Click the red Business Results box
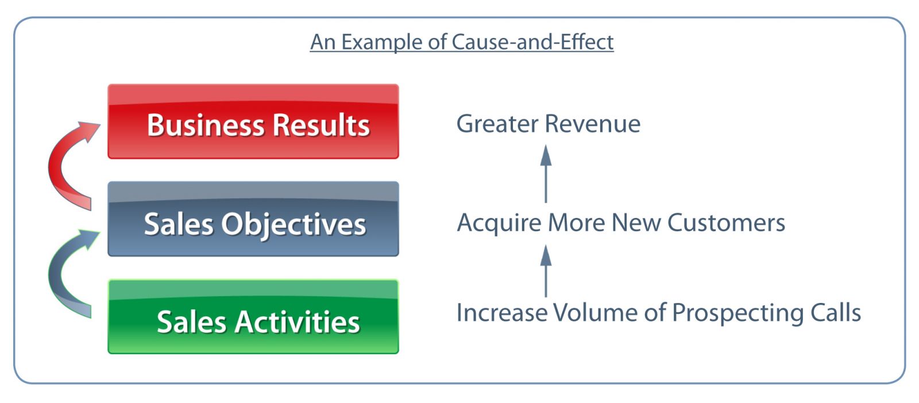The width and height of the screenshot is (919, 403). pos(253,122)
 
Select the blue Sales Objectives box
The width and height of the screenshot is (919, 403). pos(253,219)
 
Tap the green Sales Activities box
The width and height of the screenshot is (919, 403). pos(253,316)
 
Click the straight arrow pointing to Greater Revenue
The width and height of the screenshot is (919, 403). pos(546,174)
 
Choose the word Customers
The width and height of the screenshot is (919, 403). pos(726,222)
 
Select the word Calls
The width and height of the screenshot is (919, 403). pos(836,312)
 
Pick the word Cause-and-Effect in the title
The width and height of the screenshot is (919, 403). pos(532,42)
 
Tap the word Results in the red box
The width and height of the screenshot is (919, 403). pos(321,125)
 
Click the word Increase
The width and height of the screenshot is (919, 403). pos(502,312)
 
